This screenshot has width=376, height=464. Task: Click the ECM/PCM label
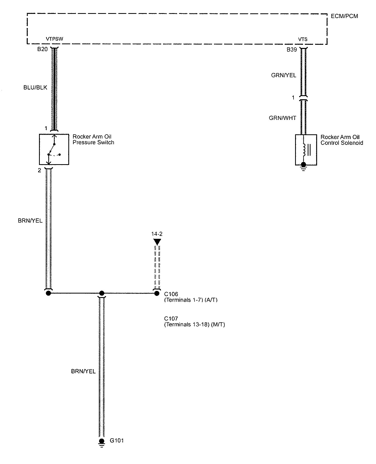coord(344,16)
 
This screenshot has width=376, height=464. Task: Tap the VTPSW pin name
coord(54,39)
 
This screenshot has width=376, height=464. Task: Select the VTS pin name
coord(303,40)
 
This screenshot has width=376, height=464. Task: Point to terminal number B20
coord(42,49)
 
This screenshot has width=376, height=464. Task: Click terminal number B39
coord(291,50)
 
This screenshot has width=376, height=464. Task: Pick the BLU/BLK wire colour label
coord(35,87)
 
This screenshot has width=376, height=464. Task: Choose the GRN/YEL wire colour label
coord(284,75)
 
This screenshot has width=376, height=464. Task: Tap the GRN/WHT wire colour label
coord(283,118)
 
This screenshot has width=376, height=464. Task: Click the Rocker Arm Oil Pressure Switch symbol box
coord(54,150)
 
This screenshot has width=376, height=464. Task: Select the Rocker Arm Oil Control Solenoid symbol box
coord(306,150)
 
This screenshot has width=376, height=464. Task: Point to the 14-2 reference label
coord(157,234)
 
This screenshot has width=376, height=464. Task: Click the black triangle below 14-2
coord(157,241)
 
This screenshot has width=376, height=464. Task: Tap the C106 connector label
coord(171,294)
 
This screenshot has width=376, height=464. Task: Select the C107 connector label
coord(171,319)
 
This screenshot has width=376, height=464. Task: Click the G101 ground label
coord(117,440)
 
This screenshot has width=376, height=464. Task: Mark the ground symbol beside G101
coord(102,443)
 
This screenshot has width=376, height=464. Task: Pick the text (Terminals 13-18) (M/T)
coord(194,325)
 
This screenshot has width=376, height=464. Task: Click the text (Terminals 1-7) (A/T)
coord(191,300)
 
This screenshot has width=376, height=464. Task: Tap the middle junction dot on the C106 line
coord(102,293)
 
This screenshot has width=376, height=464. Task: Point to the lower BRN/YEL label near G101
coord(83,371)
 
